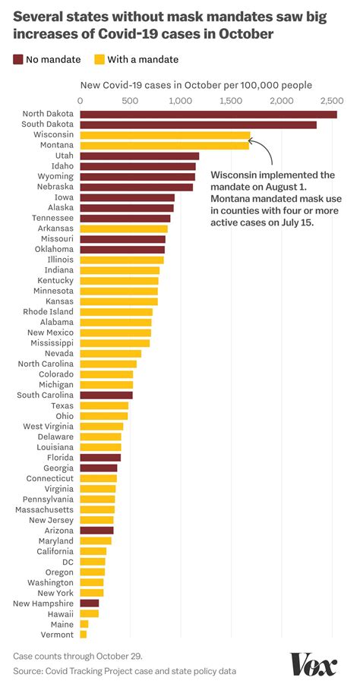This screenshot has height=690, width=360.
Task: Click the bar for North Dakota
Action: click(208, 115)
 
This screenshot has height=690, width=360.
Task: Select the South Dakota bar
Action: click(198, 124)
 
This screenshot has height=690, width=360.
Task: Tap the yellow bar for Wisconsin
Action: click(165, 135)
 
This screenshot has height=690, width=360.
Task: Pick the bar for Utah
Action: click(139, 156)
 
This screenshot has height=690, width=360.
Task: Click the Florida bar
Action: click(100, 458)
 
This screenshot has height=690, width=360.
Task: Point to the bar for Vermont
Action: click(83, 634)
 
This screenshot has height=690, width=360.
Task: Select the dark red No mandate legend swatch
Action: click(18, 59)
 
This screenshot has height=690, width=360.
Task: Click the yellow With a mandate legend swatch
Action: click(99, 59)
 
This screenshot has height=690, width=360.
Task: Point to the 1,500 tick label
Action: click(229, 100)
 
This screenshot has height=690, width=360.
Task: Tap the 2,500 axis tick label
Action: click(330, 100)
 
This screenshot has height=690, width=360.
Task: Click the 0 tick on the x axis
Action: click(81, 100)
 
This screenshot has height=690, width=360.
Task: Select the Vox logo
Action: click(314, 665)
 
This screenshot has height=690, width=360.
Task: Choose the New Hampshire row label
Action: click(43, 603)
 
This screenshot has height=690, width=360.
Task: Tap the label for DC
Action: click(68, 562)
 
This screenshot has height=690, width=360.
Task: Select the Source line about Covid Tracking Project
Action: click(124, 671)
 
